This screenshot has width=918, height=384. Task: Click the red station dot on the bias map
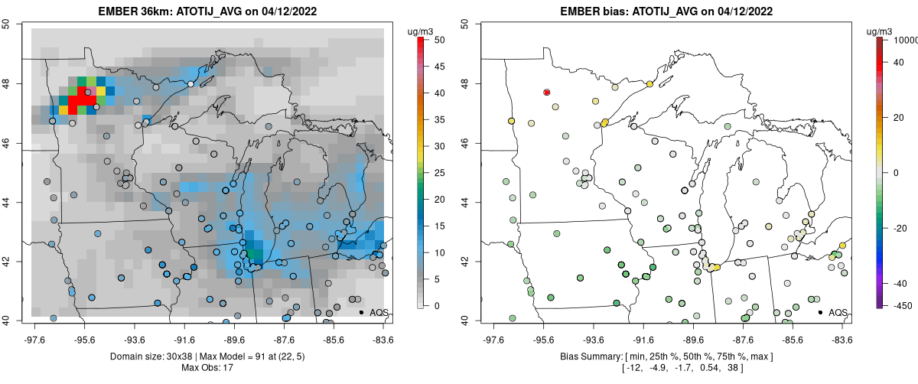pos(547,93)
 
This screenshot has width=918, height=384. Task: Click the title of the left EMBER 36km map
pos(207,11)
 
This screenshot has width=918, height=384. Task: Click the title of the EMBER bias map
pos(666,11)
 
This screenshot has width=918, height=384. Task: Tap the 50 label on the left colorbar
pos(440,40)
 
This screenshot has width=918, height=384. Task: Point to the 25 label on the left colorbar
pos(440,173)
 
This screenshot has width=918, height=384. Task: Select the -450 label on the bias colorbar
pos(903,306)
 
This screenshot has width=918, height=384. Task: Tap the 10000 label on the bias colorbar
pos(905,40)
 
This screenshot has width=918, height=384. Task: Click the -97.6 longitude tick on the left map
pos(35,340)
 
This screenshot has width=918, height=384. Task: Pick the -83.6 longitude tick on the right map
pos(842,340)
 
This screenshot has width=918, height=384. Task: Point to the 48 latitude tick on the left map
pos(6,83)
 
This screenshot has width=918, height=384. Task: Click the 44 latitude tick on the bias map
pos(465,202)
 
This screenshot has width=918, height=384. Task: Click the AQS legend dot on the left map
pos(361,312)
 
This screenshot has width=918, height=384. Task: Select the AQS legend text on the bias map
pos(838,313)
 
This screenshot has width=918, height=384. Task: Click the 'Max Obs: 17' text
pos(207,368)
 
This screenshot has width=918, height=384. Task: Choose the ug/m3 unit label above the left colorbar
pos(420,31)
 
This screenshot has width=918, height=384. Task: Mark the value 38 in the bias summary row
pos(733,368)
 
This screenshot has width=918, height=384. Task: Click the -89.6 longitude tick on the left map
pos(235,340)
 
